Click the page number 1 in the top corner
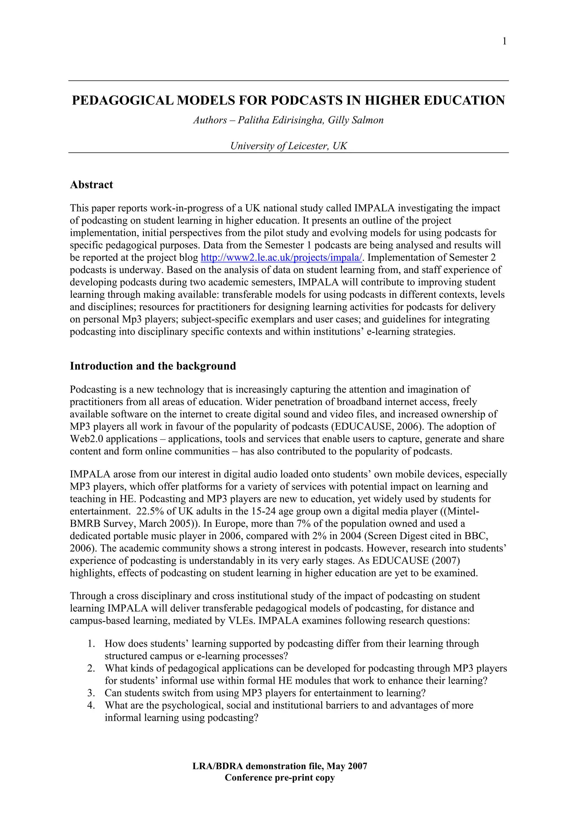point(504,42)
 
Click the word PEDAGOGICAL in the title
point(122,101)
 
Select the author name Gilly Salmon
point(356,120)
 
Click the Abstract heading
point(91,185)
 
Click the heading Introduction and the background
point(153,366)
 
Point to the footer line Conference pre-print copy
point(279,778)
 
